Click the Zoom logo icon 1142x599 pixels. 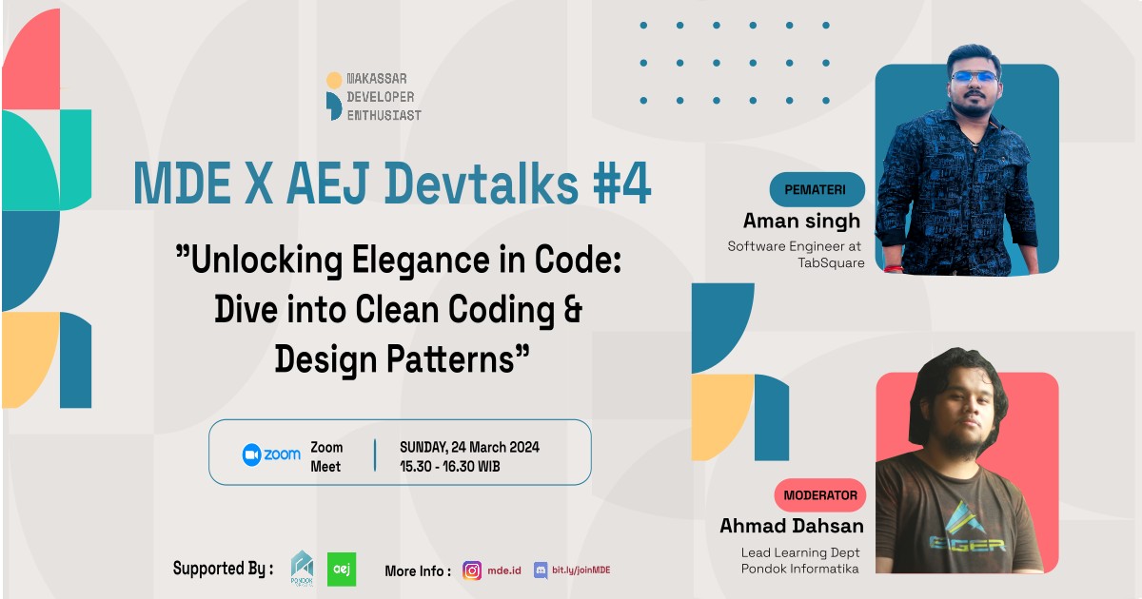[x=252, y=454]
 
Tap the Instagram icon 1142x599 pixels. [x=472, y=570]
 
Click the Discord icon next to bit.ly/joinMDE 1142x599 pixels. [x=541, y=570]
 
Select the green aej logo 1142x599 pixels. [x=342, y=569]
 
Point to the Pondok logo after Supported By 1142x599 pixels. [x=302, y=570]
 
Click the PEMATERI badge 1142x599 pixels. [x=817, y=189]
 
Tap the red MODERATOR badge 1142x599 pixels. [x=820, y=495]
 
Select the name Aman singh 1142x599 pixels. [x=801, y=222]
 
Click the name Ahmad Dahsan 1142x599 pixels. [x=792, y=526]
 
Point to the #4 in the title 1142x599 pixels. [x=621, y=185]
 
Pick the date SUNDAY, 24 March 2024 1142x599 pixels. [x=469, y=447]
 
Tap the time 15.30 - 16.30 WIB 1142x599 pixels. [x=449, y=467]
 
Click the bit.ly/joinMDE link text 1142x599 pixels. [x=581, y=570]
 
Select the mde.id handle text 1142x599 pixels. [x=505, y=570]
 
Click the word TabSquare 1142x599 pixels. [x=831, y=263]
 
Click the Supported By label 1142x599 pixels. [x=223, y=569]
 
